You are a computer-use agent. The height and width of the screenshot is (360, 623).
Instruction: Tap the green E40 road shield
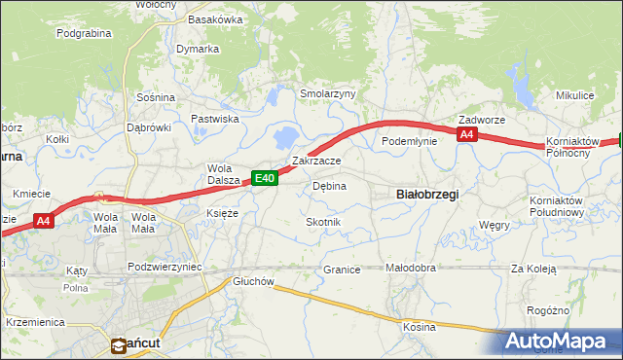pos(265,178)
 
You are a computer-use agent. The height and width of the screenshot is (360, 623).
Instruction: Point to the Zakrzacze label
pos(316,161)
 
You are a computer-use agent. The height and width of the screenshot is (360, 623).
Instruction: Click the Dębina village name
pos(329,185)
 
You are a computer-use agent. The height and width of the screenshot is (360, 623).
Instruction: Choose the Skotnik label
pos(323,222)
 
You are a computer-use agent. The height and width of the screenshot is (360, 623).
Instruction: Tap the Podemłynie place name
pos(409,141)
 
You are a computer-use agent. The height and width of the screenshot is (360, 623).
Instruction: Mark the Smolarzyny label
pos(328,93)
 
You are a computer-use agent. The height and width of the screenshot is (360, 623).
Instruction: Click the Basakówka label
pos(215,19)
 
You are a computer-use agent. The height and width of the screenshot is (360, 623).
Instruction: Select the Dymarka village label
pos(198,49)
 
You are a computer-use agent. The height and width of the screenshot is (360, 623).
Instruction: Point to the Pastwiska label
pos(215,119)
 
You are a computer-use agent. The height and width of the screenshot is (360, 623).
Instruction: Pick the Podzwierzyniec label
pos(164,266)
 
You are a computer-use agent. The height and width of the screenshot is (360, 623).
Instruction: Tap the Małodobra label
pos(410,268)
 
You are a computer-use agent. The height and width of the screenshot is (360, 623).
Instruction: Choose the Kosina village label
pos(420,327)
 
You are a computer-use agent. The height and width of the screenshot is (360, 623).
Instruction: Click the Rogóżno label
pos(573,310)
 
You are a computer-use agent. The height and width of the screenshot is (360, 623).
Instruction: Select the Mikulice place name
pos(574,95)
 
